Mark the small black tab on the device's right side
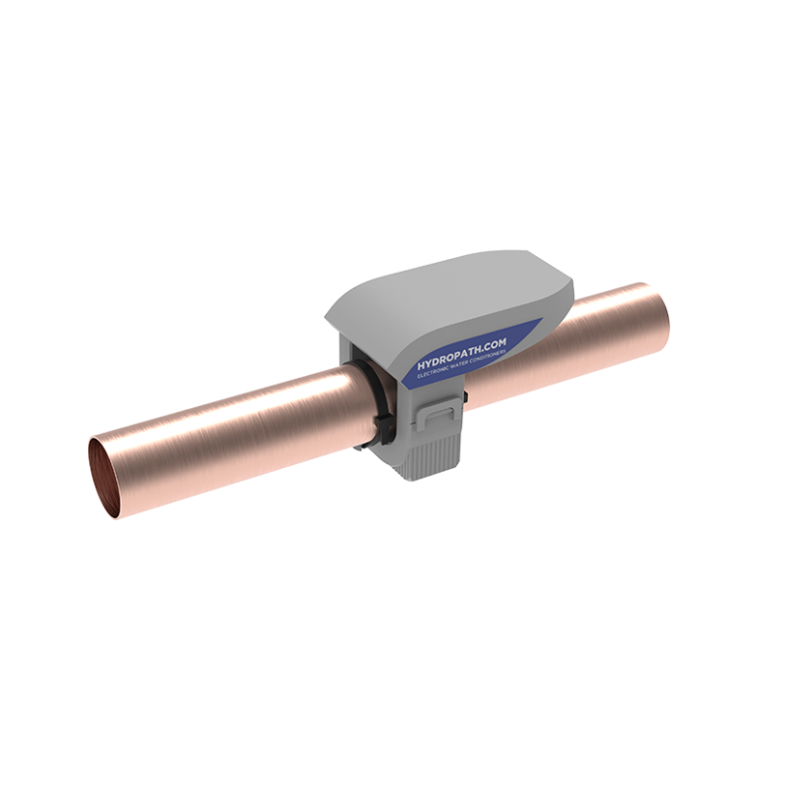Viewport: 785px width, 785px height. tap(466, 398)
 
